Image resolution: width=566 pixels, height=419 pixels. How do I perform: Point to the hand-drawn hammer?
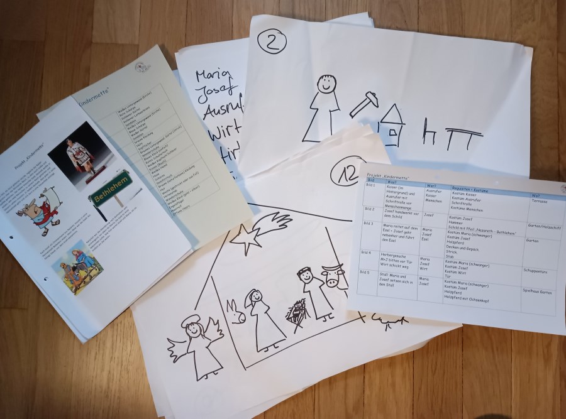[x=363, y=103]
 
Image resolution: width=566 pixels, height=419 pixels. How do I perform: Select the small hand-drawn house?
[x=391, y=126]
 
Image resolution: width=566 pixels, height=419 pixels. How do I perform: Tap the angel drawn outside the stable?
[x=195, y=346]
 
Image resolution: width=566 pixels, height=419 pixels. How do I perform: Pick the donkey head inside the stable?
[x=236, y=311]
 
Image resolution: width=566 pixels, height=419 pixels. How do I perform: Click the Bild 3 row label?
[x=371, y=224]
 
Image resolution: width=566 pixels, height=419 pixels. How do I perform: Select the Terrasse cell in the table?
[x=539, y=202]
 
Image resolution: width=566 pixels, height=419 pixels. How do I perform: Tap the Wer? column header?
[x=432, y=186]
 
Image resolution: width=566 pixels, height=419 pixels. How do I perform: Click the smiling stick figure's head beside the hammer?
[x=326, y=84]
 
